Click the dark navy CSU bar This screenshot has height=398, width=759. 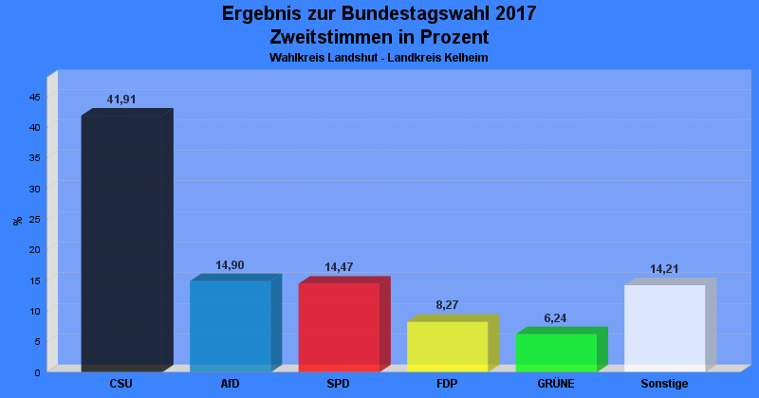121,244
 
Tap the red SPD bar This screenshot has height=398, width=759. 339,327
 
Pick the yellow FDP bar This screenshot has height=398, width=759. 447,346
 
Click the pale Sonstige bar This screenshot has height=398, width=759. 664,328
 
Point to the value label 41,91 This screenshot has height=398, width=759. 121,99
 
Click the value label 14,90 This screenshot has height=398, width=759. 230,265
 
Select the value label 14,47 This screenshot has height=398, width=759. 339,268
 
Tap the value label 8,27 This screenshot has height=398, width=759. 447,305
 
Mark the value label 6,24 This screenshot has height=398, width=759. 555,318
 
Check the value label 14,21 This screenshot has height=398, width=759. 664,269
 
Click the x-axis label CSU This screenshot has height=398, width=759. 121,384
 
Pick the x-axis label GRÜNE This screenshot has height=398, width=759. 556,384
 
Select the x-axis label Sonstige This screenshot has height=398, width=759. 664,384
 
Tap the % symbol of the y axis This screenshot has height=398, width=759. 17,221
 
